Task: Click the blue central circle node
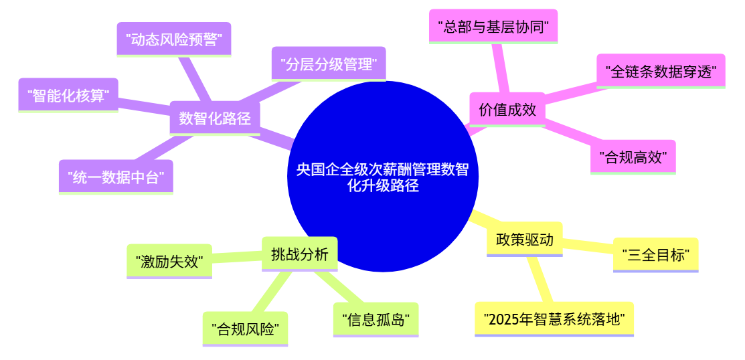tap(383, 176)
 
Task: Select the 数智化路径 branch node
tap(215, 118)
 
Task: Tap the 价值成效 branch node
tap(507, 110)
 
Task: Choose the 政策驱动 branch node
tap(525, 240)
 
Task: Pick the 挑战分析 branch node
tap(299, 254)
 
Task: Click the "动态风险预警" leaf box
tap(174, 40)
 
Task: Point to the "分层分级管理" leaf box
tap(329, 64)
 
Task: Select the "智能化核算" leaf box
tap(68, 96)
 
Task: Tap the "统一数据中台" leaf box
tap(116, 177)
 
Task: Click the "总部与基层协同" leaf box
tap(493, 27)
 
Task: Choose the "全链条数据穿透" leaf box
tap(661, 71)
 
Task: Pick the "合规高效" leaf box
tap(633, 157)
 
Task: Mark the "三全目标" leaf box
tap(656, 255)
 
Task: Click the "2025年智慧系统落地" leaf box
tap(554, 319)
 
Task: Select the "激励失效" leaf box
tap(169, 261)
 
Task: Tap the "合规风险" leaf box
tap(245, 329)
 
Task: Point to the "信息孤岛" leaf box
tap(376, 320)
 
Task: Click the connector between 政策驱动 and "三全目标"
tap(588, 245)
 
